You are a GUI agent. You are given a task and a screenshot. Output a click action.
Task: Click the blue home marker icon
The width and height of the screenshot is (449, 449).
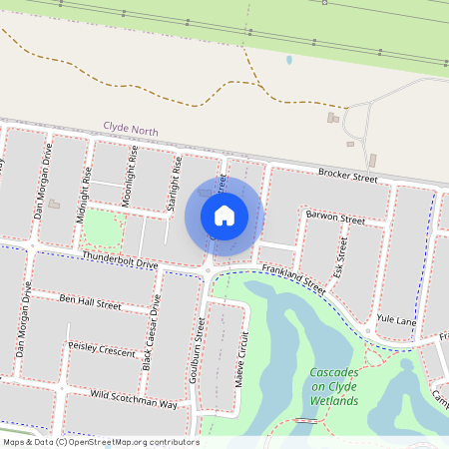[x=224, y=216]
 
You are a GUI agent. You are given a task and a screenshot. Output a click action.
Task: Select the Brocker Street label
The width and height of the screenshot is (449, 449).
[x=347, y=176]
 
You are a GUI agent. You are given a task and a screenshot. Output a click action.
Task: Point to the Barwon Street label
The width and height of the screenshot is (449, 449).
[x=336, y=217]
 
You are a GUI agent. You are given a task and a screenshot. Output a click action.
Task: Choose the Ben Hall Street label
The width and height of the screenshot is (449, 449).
[x=90, y=300]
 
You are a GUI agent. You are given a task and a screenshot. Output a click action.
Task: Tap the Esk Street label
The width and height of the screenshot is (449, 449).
[x=342, y=256]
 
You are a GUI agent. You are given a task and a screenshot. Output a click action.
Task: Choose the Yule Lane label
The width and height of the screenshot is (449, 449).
[x=397, y=319]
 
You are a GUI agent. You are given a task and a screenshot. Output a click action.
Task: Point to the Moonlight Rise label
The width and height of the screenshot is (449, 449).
[x=130, y=179]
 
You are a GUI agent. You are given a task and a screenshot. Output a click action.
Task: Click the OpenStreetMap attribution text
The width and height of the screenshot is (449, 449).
[x=100, y=442]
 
